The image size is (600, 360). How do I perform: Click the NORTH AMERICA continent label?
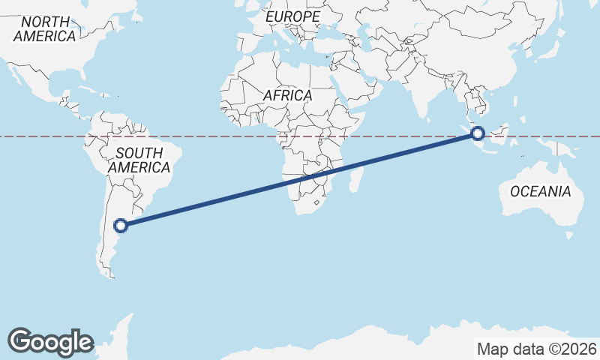[45, 28]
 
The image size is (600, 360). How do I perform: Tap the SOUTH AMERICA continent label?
[139, 160]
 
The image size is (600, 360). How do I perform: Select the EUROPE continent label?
[292, 16]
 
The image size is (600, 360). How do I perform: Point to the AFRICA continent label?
[287, 95]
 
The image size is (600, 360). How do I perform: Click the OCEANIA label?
[540, 191]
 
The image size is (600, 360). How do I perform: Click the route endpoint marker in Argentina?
[121, 224]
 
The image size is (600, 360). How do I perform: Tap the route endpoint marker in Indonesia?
[478, 134]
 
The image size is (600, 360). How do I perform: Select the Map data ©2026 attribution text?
[536, 349]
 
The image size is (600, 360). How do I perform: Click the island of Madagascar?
[358, 178]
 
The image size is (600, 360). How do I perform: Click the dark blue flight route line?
[300, 179]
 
